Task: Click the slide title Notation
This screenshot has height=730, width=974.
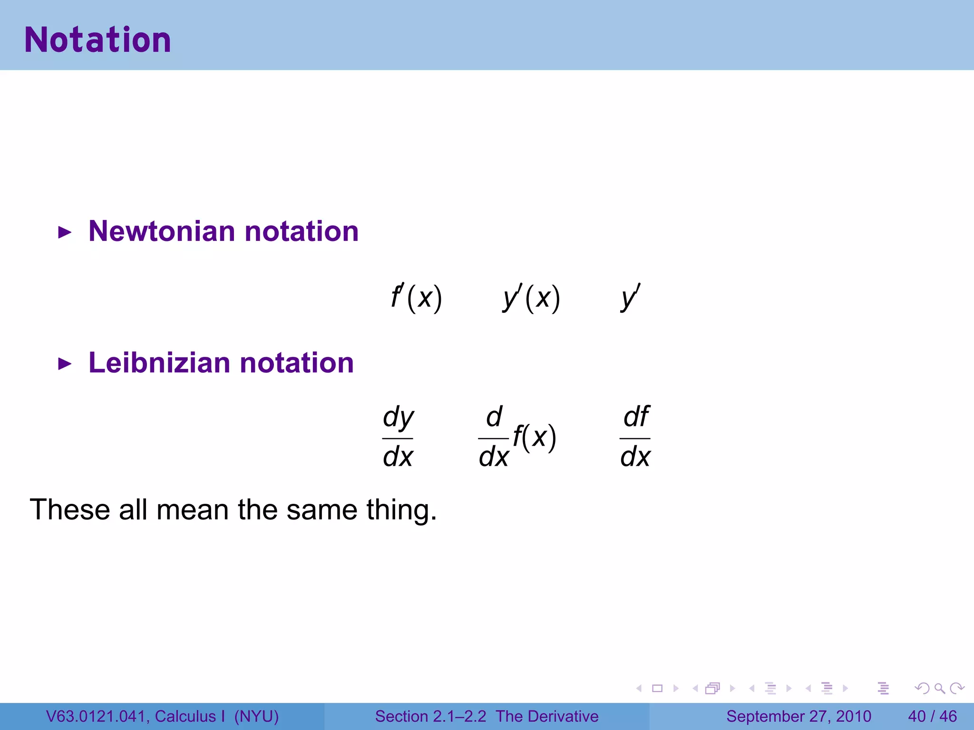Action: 97,40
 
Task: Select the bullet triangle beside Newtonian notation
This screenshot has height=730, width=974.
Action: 64,233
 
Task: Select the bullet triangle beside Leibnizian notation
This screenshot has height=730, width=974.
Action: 64,365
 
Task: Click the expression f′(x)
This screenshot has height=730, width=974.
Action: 416,298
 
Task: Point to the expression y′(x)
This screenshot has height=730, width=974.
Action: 532,298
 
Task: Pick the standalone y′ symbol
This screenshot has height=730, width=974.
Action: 630,297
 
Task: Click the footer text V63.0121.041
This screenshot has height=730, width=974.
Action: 96,716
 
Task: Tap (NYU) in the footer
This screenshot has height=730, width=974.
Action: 256,716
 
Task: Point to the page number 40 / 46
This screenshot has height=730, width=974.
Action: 932,716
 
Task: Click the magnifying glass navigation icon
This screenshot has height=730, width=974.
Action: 939,688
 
